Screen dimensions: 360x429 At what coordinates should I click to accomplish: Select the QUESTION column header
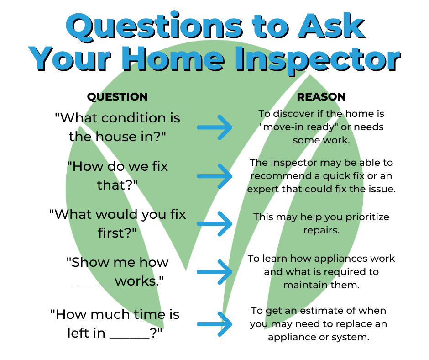[117, 97]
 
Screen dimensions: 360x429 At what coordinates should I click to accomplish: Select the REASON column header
[321, 97]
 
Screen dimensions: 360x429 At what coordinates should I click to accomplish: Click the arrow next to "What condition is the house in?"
[214, 127]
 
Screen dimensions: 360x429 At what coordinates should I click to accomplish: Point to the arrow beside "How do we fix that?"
[214, 176]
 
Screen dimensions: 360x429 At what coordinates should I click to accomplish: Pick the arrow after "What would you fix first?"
[214, 224]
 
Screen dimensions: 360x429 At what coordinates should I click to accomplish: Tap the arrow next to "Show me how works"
[214, 272]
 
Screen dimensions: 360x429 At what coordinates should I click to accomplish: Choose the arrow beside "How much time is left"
[214, 323]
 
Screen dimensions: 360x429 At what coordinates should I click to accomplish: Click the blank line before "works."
[91, 281]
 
